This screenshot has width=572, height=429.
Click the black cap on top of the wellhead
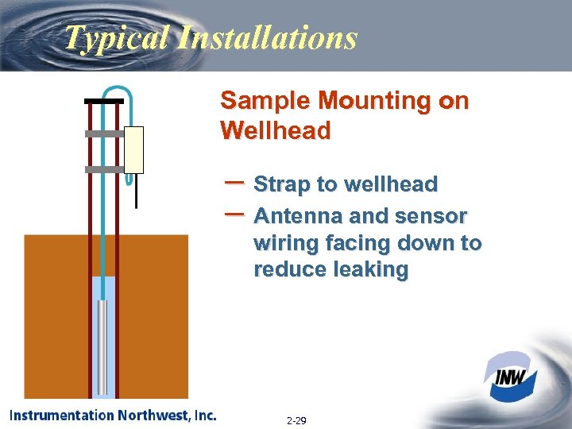(104, 102)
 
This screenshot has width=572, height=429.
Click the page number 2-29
(297, 419)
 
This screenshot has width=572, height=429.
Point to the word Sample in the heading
(265, 101)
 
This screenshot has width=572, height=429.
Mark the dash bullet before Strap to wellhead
(234, 182)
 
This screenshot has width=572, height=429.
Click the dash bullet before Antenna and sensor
(234, 213)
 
